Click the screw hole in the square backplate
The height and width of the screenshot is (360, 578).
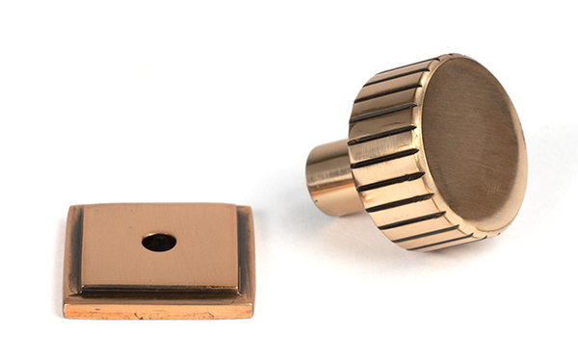(x=158, y=243)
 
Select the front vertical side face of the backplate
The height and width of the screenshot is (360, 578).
(x=159, y=311)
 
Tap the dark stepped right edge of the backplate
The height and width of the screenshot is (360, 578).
(x=246, y=252)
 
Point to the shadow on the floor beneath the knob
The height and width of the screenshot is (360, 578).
(x=405, y=252)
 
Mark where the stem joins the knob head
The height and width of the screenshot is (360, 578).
(x=351, y=178)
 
